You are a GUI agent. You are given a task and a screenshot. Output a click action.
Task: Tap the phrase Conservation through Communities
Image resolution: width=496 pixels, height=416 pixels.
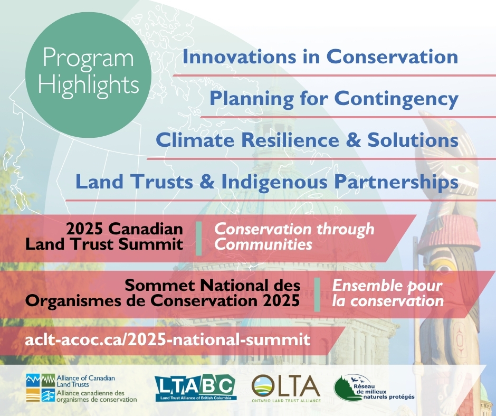(x=293, y=237)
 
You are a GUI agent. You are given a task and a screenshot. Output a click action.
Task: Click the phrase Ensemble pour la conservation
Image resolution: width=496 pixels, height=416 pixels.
(x=387, y=294)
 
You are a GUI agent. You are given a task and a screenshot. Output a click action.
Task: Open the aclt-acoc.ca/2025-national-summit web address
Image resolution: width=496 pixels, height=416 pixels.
(x=168, y=338)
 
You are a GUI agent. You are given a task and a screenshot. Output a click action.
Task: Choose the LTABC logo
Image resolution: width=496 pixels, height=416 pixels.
(x=195, y=389)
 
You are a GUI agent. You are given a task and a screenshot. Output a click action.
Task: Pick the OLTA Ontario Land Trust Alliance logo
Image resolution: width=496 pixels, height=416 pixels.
(x=286, y=389)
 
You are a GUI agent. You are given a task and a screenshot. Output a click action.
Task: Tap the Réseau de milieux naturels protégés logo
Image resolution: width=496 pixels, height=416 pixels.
(x=374, y=389)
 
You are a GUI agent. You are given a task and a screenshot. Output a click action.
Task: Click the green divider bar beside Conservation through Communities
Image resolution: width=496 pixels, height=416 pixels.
(x=199, y=238)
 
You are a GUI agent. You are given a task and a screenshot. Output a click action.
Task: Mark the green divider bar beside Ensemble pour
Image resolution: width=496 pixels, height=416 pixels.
(x=317, y=294)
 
